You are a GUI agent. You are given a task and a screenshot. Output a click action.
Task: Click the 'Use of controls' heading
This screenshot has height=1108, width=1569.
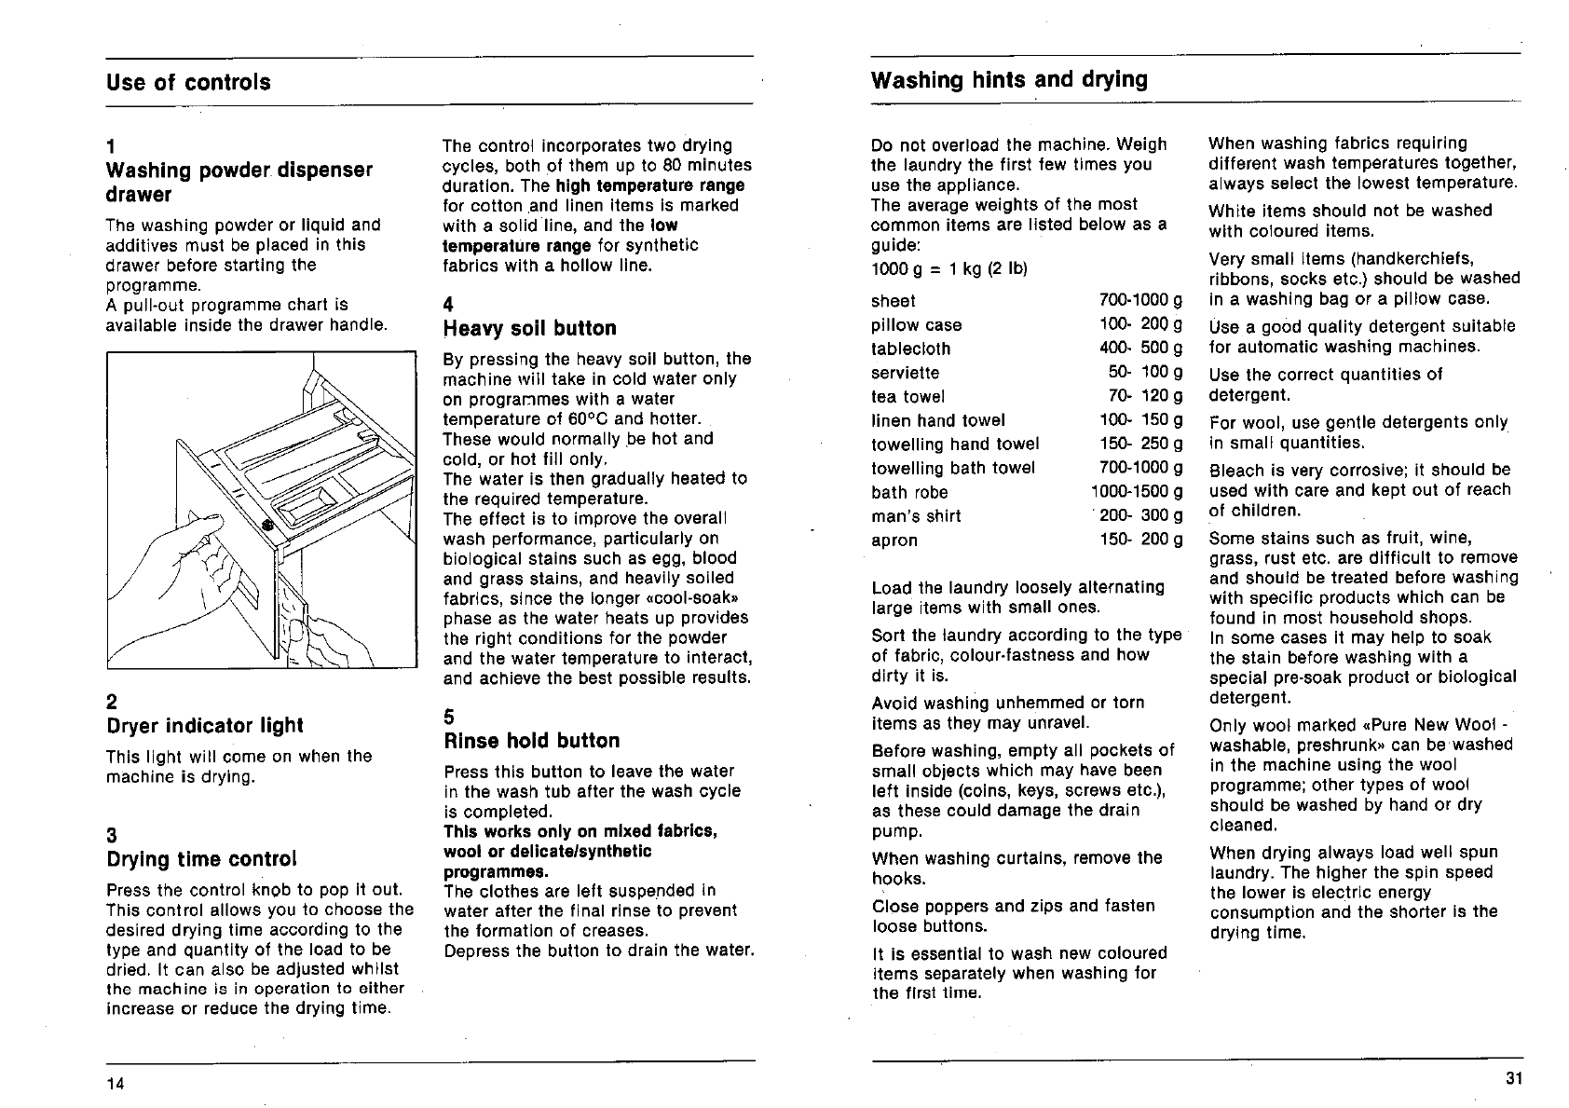pos(188,82)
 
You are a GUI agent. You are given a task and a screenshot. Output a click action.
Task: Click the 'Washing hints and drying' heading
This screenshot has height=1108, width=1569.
pos(1009,79)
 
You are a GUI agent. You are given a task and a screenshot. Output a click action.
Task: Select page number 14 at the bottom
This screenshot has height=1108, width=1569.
pos(115,1083)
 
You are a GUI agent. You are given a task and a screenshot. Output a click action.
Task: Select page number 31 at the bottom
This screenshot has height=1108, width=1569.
pos(1512,1079)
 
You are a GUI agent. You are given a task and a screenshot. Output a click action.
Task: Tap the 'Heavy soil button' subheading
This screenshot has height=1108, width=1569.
pos(529,328)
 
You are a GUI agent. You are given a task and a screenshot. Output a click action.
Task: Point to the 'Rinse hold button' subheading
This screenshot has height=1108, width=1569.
pos(531,741)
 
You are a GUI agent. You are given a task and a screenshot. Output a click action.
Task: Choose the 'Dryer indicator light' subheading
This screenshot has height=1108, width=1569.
pos(204,725)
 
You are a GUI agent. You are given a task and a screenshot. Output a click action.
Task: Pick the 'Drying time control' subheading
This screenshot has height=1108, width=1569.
pos(201,858)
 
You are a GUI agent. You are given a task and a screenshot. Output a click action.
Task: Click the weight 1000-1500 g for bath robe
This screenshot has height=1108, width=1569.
pos(1137,492)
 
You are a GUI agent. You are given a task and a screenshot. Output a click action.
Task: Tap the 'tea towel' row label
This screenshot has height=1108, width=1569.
pos(907,397)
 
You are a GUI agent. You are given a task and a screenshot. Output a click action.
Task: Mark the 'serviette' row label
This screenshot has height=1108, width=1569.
pos(905,373)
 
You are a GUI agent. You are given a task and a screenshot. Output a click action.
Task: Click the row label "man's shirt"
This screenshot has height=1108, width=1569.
pos(916,516)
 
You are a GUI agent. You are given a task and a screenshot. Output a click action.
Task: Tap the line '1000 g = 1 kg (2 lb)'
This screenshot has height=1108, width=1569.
pos(948,268)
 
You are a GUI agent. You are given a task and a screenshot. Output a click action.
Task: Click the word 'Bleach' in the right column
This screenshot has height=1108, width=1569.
pos(1235,470)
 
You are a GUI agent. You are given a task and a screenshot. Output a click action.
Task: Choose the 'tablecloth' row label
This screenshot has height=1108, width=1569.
pos(910,349)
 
